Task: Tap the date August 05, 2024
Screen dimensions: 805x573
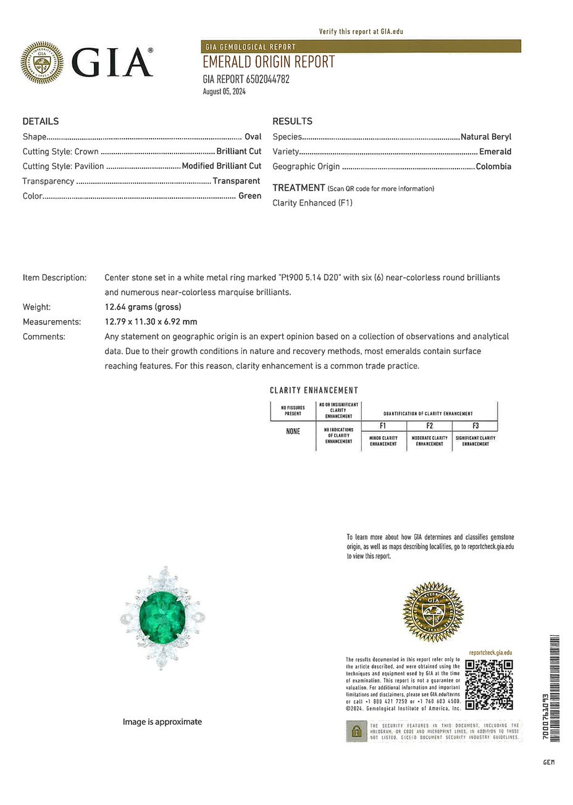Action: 224,91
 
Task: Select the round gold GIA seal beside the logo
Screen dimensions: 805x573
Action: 42,62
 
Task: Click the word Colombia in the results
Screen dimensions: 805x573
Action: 493,167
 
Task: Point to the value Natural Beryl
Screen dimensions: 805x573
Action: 486,137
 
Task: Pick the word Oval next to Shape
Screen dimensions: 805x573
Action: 253,137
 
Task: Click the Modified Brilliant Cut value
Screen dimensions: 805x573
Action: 222,166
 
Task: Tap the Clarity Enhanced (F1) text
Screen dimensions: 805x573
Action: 312,203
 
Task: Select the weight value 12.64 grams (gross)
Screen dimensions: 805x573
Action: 143,307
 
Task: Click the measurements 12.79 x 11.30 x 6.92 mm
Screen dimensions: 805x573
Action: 151,322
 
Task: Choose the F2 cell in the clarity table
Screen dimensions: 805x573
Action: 430,426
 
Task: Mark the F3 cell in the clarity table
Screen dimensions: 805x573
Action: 475,426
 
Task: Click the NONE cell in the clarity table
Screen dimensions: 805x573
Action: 293,431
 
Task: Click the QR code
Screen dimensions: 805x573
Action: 488,684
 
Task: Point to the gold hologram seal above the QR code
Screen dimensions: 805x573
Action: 433,611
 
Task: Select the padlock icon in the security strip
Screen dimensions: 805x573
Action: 356,732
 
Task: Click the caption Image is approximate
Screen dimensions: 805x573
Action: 162,722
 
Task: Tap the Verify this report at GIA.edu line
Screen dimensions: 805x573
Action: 361,31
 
